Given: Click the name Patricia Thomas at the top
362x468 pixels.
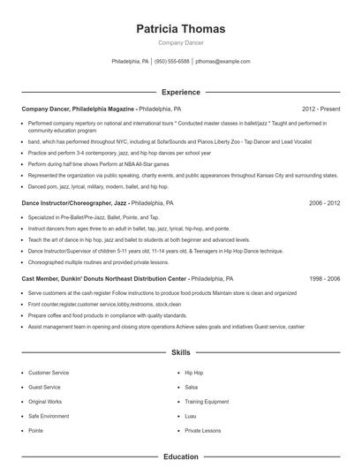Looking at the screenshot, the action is [180, 28].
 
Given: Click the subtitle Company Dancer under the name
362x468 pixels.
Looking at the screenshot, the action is [180, 42].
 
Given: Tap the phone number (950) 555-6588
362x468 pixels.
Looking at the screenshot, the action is [172, 62].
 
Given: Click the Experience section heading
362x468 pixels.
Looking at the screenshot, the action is [180, 92].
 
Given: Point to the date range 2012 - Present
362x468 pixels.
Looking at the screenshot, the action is [321, 108].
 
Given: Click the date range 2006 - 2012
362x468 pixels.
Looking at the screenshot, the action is [324, 202].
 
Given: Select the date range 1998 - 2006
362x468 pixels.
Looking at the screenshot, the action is [324, 277].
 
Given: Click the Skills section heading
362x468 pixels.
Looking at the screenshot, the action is [180, 352].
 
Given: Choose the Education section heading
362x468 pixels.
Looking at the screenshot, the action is [180, 457].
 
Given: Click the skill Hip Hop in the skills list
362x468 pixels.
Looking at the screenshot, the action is [193, 373].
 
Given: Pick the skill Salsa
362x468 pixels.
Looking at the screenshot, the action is [191, 387].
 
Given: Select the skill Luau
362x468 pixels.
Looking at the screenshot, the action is [190, 416].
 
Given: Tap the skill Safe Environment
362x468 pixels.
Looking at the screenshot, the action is [48, 416].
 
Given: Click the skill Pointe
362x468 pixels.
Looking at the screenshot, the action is [35, 430].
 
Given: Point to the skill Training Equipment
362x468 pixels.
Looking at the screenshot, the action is [206, 402].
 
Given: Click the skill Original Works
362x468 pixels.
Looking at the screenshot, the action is [45, 402].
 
